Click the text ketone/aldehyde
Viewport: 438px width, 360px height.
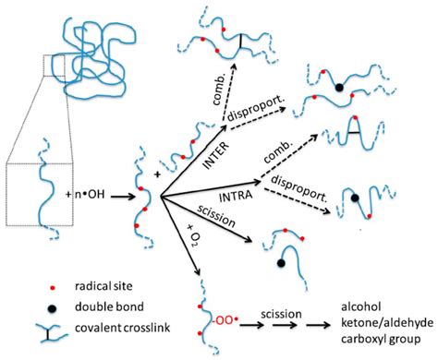click(376, 318)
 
